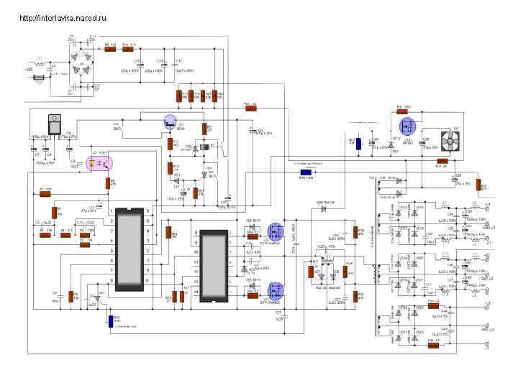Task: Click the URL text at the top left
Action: point(63,18)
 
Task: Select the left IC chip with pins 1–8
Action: point(129,244)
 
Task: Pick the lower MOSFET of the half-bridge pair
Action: point(276,291)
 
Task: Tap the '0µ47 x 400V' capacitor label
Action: point(185,70)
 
